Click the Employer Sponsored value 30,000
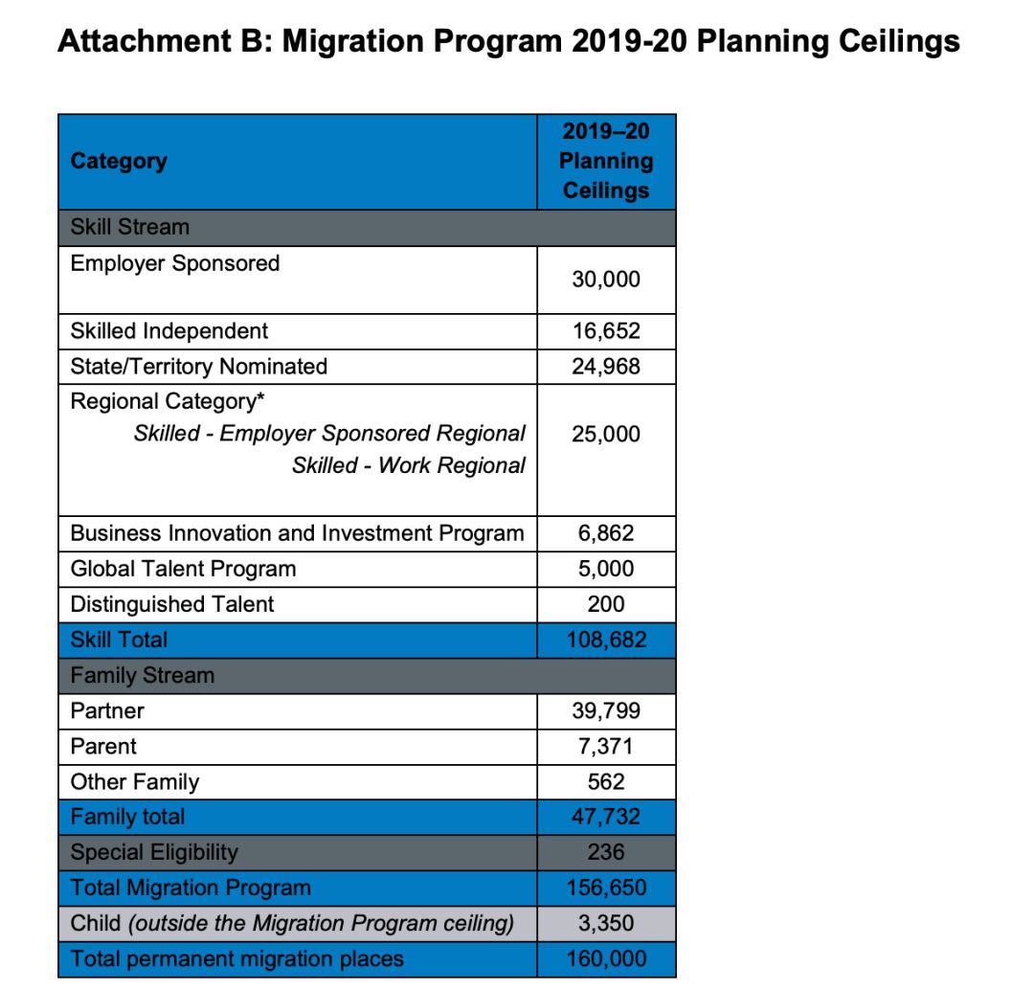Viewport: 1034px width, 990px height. [606, 280]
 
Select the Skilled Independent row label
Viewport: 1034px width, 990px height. [169, 331]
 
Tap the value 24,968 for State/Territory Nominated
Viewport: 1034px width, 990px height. [606, 367]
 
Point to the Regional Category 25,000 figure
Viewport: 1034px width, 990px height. [606, 434]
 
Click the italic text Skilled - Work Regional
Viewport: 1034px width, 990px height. [409, 465]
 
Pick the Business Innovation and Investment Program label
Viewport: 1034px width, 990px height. [297, 533]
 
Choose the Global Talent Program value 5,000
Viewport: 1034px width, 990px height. [606, 569]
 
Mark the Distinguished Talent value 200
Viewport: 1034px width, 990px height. [606, 604]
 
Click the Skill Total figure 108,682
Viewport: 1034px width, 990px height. [606, 640]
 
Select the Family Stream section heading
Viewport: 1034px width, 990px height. [143, 675]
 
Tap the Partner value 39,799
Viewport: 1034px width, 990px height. [606, 711]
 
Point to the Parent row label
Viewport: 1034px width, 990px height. [103, 747]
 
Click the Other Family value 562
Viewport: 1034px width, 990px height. [606, 782]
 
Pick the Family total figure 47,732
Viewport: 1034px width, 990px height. [606, 818]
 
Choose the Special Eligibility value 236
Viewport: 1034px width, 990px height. [606, 852]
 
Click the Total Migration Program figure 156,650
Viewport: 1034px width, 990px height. [606, 888]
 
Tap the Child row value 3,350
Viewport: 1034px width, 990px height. [606, 924]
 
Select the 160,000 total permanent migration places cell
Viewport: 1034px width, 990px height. [606, 958]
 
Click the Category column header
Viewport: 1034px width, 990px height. [119, 161]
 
